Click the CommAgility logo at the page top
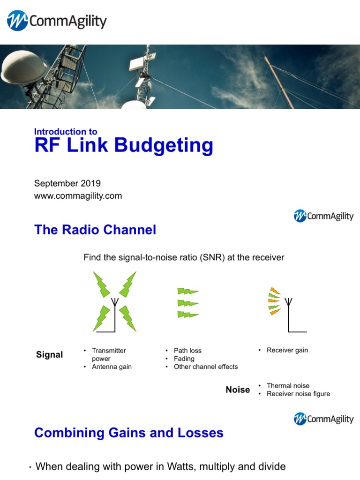57,21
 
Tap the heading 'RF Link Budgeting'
123,146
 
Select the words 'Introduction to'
66,132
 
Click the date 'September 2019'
67,183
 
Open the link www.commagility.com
78,196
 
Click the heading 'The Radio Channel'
95,230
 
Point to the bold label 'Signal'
49,355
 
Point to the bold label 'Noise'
238,390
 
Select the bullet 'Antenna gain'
112,367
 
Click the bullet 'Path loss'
187,351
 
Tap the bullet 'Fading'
184,359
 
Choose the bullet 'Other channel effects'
206,367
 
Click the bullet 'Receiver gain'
287,350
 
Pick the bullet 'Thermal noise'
288,386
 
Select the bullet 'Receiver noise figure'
298,394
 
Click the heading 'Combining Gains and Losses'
129,433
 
